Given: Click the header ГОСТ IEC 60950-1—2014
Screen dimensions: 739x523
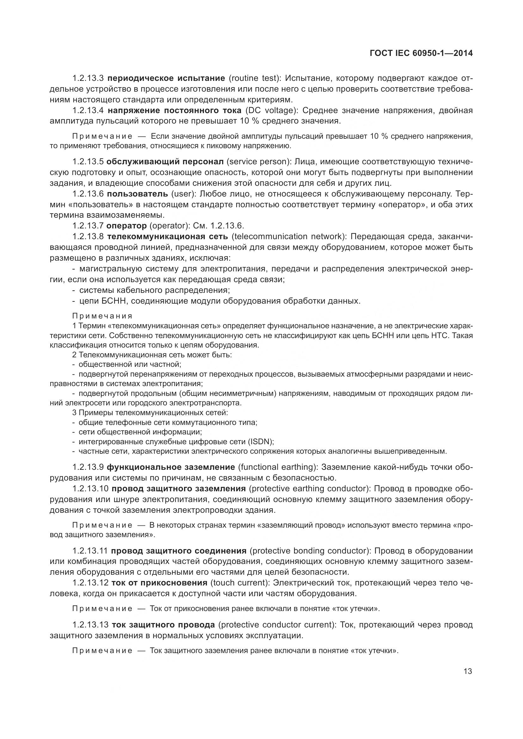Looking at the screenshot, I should [421, 53].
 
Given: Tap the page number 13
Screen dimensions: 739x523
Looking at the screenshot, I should [468, 671].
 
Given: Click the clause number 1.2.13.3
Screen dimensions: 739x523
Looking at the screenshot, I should [88, 78].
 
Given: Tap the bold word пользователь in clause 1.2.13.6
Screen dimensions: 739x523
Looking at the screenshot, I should [138, 194].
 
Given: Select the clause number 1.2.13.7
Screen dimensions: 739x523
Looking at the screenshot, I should [88, 226].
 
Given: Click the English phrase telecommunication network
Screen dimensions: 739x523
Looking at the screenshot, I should [288, 237].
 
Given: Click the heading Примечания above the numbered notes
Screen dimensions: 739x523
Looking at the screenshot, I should [102, 316].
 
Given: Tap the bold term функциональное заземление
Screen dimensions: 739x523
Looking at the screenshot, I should [171, 467].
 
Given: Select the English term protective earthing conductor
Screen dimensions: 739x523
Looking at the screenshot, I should [309, 488].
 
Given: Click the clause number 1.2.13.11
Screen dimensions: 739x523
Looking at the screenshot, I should [90, 551].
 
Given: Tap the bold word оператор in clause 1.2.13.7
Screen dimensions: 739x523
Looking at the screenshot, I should [126, 226].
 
